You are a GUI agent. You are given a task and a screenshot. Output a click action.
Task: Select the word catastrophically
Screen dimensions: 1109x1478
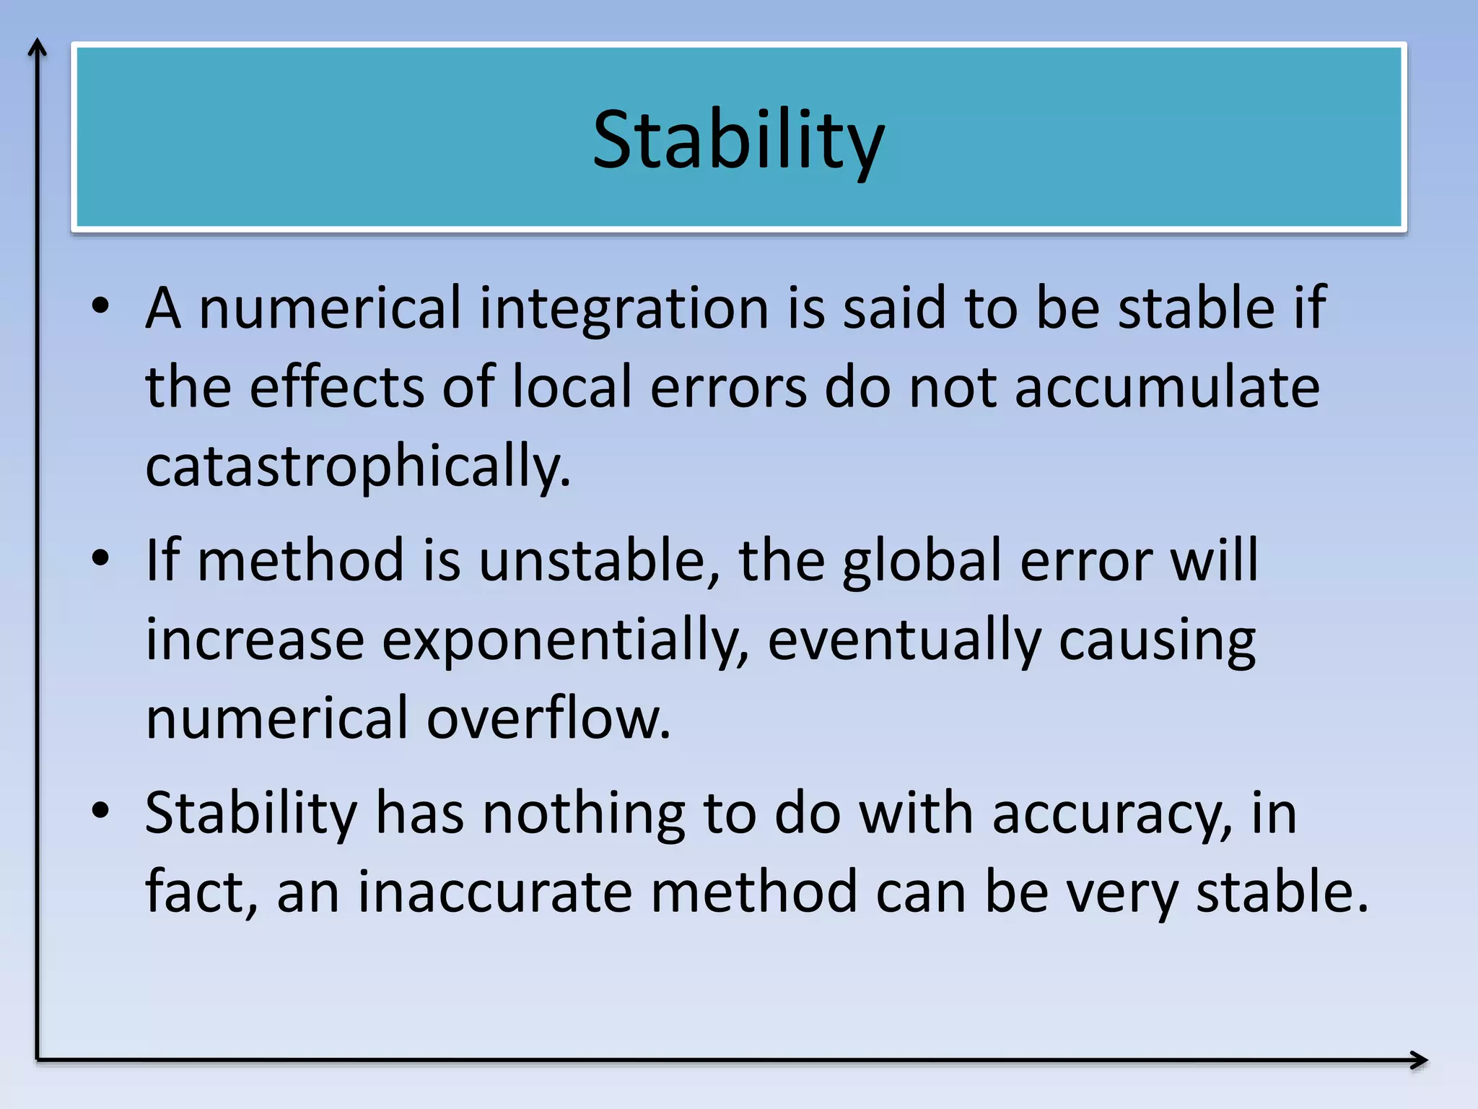(x=357, y=466)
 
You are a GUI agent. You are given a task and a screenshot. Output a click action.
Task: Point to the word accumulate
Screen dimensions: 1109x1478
(x=1167, y=388)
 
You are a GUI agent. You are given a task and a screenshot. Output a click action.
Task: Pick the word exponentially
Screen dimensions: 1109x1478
(x=565, y=640)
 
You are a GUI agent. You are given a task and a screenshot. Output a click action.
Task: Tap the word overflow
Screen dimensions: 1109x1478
(x=548, y=718)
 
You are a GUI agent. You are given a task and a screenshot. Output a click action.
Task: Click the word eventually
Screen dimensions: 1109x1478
(x=904, y=640)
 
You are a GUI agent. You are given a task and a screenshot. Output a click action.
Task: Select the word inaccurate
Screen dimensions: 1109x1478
(x=494, y=892)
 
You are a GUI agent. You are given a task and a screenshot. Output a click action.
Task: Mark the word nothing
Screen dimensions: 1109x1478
(x=583, y=813)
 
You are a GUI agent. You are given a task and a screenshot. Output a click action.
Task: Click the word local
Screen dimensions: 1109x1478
(x=572, y=388)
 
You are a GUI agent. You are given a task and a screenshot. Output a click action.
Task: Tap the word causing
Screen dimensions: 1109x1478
(x=1157, y=641)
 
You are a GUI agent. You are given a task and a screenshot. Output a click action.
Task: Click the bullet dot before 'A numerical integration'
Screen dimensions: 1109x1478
(x=100, y=306)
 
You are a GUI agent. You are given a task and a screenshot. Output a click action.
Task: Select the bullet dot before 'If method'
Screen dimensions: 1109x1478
(x=100, y=558)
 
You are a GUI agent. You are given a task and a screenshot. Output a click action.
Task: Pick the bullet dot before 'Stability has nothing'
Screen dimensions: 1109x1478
(x=100, y=811)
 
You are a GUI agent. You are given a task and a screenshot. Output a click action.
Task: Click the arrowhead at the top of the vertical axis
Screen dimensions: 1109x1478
(x=38, y=48)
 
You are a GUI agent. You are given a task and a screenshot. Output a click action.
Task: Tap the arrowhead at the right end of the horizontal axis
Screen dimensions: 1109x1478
(x=1420, y=1060)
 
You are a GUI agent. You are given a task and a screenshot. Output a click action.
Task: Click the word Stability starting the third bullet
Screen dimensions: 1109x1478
(x=250, y=814)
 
